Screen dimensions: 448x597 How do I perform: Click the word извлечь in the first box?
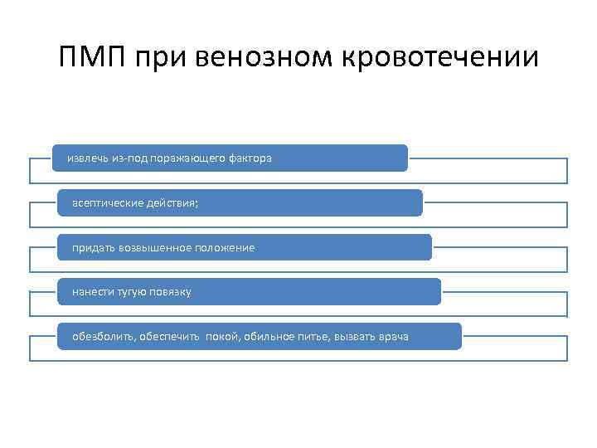[85, 158]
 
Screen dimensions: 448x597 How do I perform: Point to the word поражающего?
[190, 158]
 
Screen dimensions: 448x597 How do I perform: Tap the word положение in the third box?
[226, 247]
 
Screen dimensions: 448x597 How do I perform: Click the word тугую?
[133, 292]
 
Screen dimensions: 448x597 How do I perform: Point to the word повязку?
[172, 292]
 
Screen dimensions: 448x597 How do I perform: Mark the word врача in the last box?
[392, 337]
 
